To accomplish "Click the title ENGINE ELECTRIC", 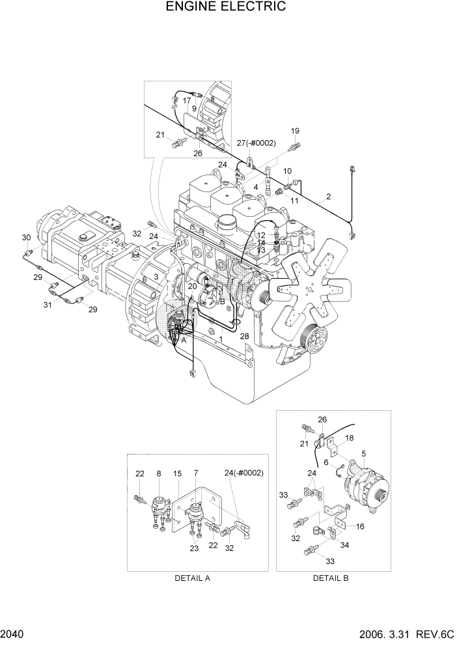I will point(225,7).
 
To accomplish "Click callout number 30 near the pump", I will point(26,237).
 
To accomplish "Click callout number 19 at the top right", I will point(295,130).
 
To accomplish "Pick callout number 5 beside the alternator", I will point(363,454).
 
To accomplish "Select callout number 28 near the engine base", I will point(244,336).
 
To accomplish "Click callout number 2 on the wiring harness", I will point(329,197).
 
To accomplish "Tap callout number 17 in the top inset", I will point(187,100).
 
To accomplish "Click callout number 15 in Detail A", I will point(178,473).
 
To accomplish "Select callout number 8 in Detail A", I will point(158,473).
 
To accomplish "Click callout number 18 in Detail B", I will point(349,438).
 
